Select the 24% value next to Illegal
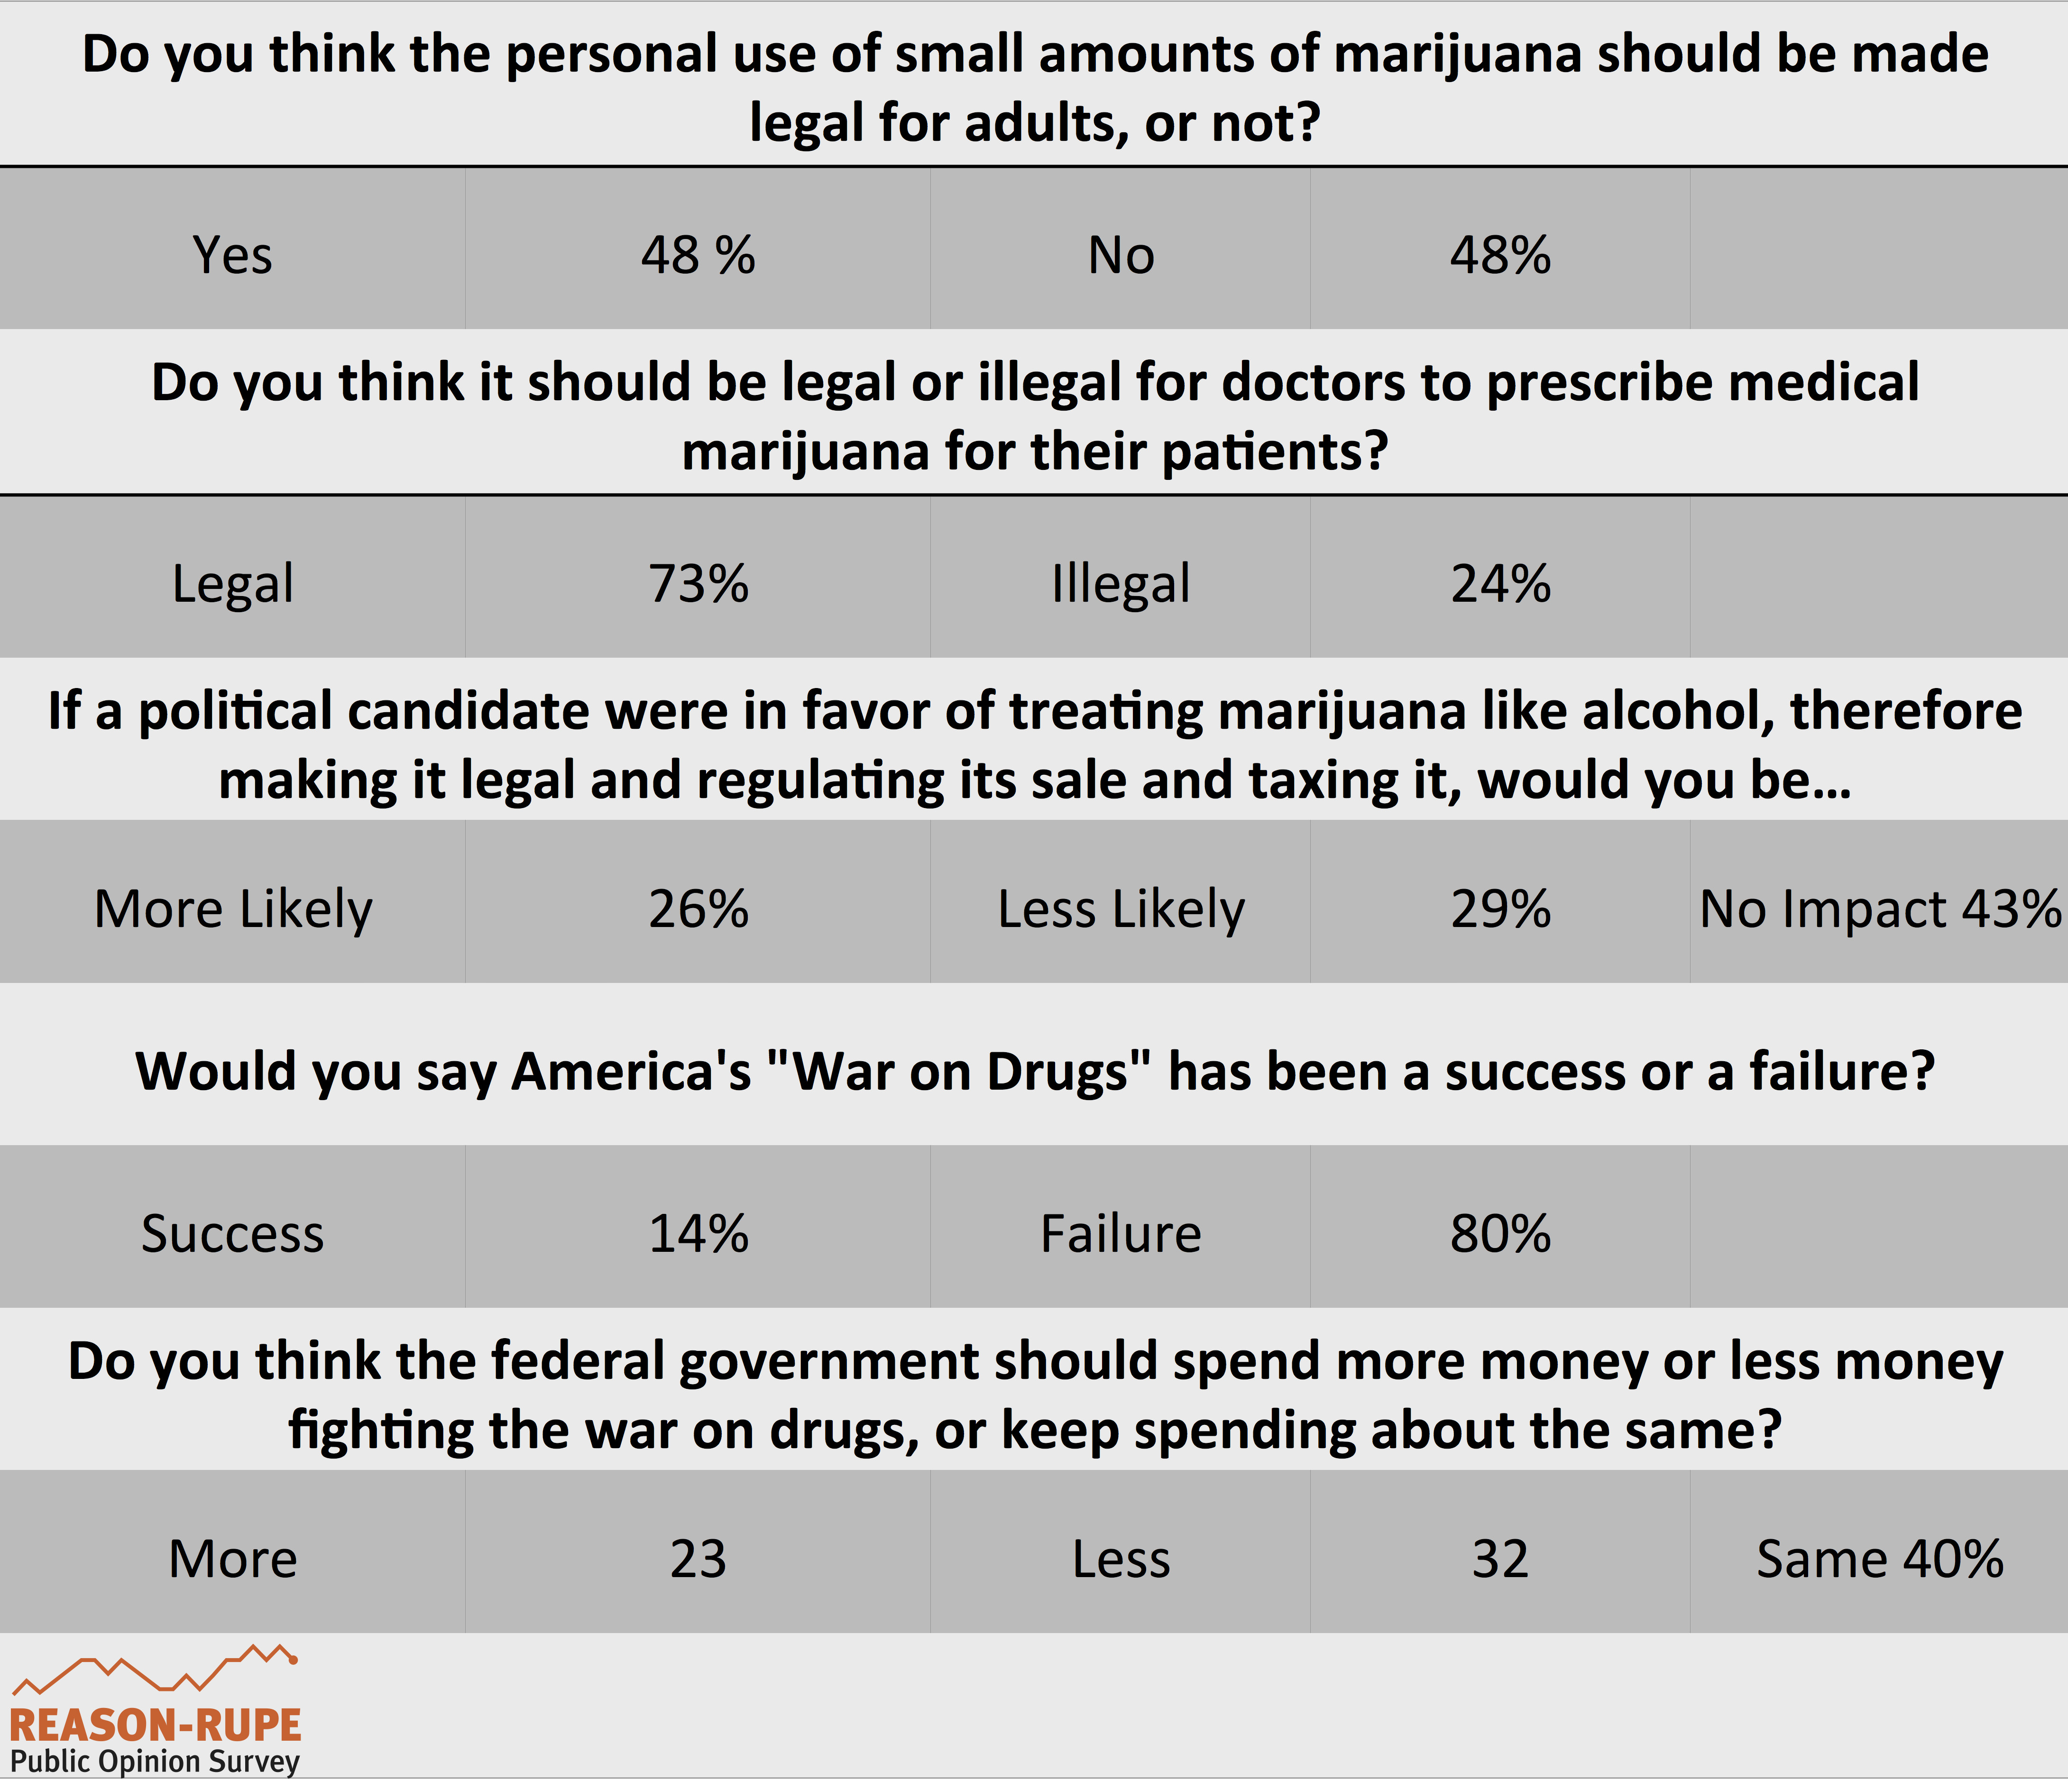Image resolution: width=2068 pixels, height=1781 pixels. tap(1500, 584)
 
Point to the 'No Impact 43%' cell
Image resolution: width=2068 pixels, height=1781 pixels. tap(1879, 909)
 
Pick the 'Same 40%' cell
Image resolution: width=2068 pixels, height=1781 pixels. tap(1879, 1559)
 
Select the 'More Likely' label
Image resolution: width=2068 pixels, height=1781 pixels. tap(232, 909)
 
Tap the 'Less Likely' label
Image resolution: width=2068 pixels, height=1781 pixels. tap(1121, 909)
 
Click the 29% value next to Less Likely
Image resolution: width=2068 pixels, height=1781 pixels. tap(1500, 909)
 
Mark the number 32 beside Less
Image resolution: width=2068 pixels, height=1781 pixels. tap(1500, 1559)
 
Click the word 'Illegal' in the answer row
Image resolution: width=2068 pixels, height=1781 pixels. tap(1121, 584)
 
